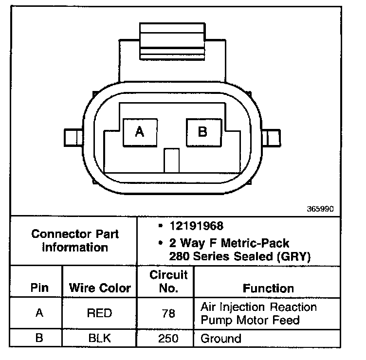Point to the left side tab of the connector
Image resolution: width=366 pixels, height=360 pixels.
(73, 137)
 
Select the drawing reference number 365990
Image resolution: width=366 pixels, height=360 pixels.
(320, 209)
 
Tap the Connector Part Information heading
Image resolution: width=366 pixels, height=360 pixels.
(75, 240)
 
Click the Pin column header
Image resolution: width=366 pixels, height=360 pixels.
(39, 288)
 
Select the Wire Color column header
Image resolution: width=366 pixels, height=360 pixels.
(100, 288)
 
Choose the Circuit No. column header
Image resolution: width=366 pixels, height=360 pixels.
(168, 282)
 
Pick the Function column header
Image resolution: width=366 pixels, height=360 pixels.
(268, 288)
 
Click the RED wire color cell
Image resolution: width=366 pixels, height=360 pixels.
(99, 313)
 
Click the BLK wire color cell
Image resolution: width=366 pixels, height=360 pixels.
(99, 339)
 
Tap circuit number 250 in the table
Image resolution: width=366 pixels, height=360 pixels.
(168, 339)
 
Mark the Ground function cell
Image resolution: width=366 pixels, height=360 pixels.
(220, 339)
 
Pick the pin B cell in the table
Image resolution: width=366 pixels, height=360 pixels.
(39, 339)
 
